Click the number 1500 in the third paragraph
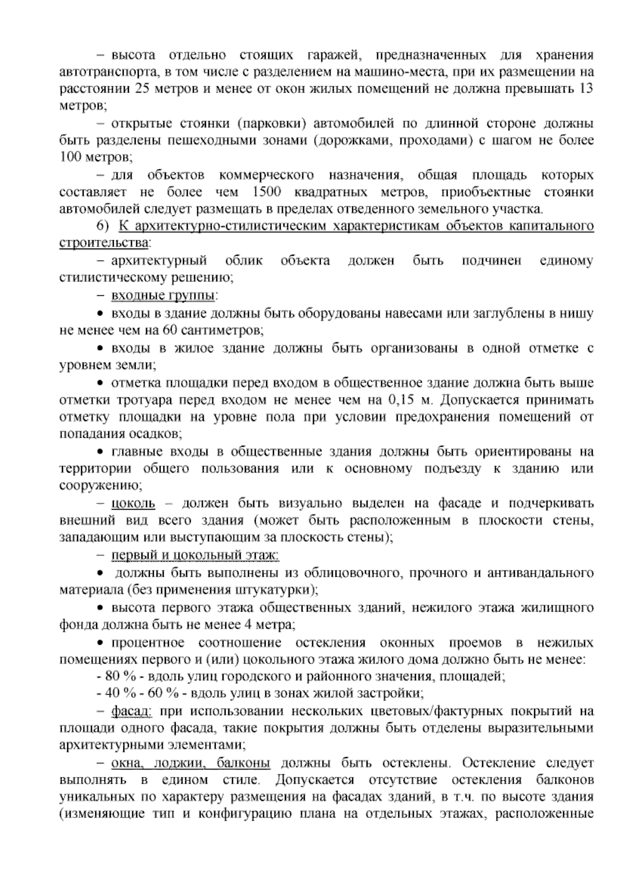click(266, 192)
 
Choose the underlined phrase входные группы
click(163, 296)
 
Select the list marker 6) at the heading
click(102, 226)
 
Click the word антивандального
click(541, 573)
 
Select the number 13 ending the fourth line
click(586, 88)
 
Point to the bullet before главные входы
click(101, 450)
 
